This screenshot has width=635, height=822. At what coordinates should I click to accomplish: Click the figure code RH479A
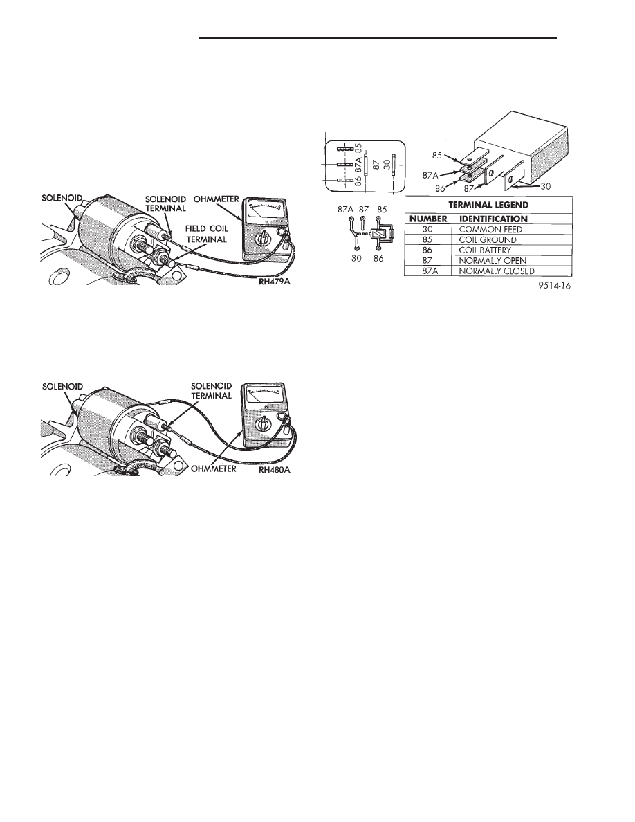pos(273,282)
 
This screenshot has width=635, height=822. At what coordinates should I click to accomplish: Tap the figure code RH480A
pos(274,469)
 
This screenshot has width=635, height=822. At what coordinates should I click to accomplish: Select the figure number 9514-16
pos(554,286)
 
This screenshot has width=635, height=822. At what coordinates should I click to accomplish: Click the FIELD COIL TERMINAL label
pos(205,234)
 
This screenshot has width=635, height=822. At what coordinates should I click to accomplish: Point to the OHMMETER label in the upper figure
pos(217,199)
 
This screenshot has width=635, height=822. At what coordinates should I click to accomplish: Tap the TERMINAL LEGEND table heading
pos(488,204)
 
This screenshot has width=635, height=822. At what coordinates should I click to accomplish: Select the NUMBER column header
pos(427,219)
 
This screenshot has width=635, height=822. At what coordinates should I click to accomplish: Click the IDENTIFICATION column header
pos(493,219)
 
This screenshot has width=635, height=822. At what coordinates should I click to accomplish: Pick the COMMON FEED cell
pos(490,229)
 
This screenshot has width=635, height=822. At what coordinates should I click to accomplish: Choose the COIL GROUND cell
pos(487,239)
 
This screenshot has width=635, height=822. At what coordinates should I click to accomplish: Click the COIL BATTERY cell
pos(485,250)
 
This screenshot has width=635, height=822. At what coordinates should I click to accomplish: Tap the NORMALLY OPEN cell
pos(493,261)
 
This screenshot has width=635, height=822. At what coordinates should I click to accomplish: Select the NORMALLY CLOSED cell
pos(497,271)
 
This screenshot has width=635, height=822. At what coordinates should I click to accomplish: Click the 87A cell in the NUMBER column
pos(427,271)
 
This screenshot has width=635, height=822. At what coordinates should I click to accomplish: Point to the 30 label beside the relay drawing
pos(545,186)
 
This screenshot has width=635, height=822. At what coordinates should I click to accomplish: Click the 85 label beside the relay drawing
pos(437,156)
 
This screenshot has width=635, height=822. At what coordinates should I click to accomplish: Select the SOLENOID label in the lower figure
pos(62,386)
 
